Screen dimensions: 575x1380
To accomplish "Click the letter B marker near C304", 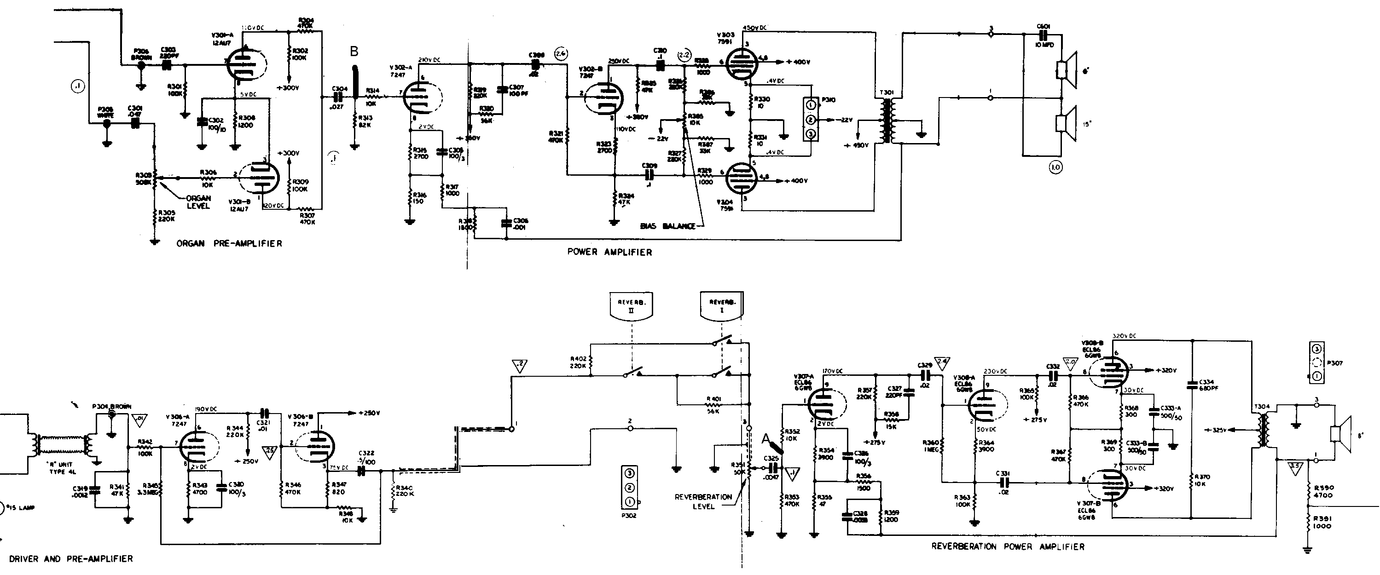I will pyautogui.click(x=354, y=52).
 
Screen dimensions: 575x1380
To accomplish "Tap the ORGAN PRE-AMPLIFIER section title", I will pyautogui.click(x=229, y=244).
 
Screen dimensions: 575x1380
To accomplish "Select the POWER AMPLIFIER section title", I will pyautogui.click(x=609, y=252).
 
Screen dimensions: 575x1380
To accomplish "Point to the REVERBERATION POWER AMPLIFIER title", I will pyautogui.click(x=1008, y=546).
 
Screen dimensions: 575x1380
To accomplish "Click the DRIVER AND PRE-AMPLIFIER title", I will pyautogui.click(x=71, y=559).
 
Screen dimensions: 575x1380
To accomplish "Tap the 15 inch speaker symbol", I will pyautogui.click(x=1066, y=124).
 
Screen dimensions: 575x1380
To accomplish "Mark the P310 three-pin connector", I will pyautogui.click(x=811, y=120).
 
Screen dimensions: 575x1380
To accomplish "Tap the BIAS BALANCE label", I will pyautogui.click(x=667, y=226).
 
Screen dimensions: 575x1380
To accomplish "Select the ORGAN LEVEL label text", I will pyautogui.click(x=198, y=202).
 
